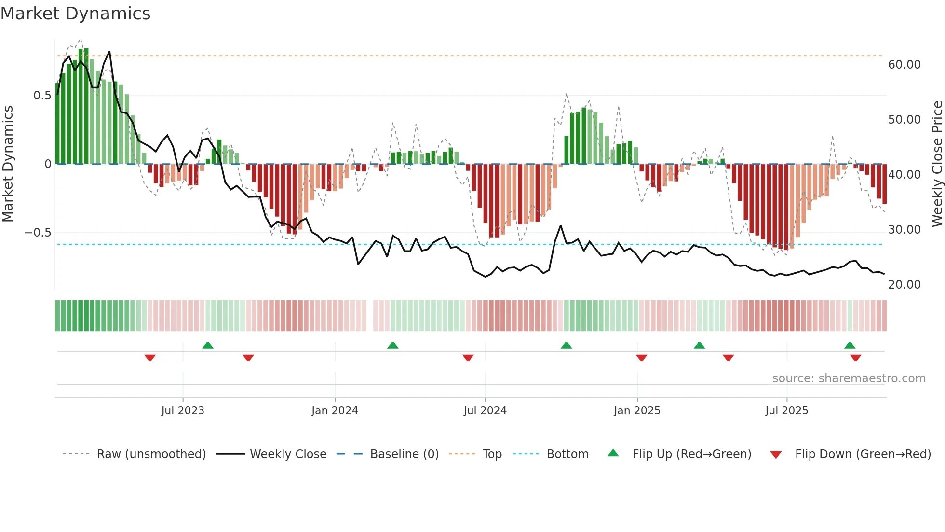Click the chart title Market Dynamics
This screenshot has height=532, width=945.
[76, 14]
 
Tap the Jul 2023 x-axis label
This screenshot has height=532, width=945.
[183, 411]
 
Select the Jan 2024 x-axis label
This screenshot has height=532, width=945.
[335, 411]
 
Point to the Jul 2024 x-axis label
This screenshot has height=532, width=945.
[485, 411]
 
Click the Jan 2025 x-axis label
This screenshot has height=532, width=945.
[637, 411]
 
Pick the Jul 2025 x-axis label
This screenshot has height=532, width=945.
[786, 411]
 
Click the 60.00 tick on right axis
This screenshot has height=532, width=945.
[904, 65]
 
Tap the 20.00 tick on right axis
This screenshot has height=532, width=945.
[904, 285]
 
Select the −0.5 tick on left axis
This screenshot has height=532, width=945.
[38, 233]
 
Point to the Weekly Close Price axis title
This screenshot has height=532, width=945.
[937, 164]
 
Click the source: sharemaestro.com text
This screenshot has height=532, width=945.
[849, 378]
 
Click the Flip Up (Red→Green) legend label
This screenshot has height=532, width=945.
[691, 454]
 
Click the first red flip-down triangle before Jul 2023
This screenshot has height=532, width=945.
[150, 358]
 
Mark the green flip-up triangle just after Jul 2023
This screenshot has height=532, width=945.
[208, 345]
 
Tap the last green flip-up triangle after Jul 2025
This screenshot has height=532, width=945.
[850, 345]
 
